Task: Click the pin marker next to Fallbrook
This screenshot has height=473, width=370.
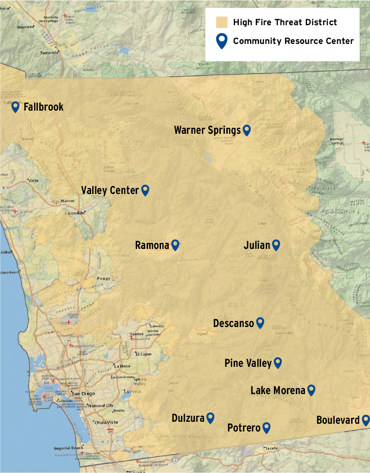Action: click(15, 107)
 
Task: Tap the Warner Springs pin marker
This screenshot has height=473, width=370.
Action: click(246, 130)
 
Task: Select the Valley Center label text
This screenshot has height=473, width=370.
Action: click(110, 190)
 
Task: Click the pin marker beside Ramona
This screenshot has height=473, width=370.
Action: click(175, 244)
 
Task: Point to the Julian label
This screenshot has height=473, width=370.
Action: click(257, 245)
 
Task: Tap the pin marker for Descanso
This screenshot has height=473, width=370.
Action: click(260, 323)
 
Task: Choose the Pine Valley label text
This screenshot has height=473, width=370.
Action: click(248, 363)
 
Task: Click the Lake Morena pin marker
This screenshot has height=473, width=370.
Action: click(311, 390)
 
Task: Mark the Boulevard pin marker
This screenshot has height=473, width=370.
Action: click(366, 420)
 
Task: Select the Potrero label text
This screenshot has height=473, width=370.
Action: click(244, 428)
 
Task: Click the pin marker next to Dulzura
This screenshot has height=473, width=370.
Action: click(210, 417)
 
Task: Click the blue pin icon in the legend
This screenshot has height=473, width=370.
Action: click(222, 41)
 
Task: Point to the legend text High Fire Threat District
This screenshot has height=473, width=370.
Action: click(285, 22)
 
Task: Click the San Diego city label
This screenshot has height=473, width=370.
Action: click(83, 394)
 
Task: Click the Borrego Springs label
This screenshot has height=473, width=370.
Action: click(337, 141)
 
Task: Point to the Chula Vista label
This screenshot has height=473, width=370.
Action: click(106, 423)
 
